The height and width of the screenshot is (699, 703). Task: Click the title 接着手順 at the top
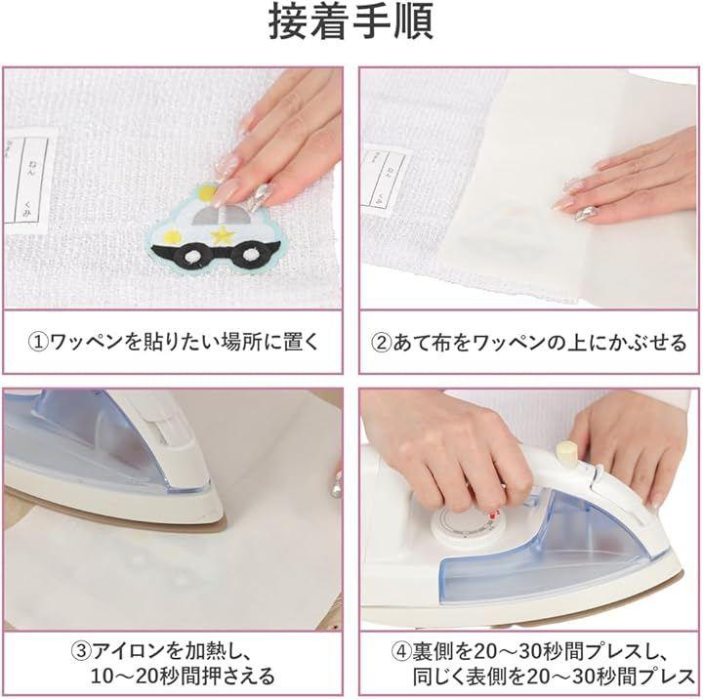coord(351,21)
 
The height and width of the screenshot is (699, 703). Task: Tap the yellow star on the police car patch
coord(221,234)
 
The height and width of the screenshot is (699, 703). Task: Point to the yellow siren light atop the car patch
coord(208,192)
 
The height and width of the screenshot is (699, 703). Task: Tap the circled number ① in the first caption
coord(38,343)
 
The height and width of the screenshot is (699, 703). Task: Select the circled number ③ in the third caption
coord(81,650)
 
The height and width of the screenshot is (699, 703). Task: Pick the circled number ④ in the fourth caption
coord(401,651)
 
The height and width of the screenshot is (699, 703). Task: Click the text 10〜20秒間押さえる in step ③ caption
coord(183,676)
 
